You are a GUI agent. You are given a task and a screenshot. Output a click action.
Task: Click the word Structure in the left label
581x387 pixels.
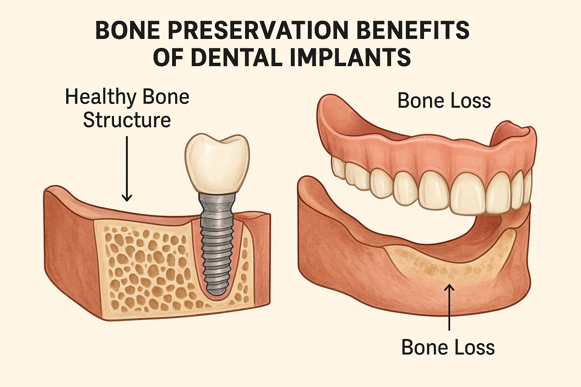(x=127, y=120)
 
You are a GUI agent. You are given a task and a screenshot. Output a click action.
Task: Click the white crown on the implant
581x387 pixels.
(x=217, y=163)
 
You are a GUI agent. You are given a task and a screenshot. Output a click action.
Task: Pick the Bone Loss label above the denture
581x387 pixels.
(x=444, y=101)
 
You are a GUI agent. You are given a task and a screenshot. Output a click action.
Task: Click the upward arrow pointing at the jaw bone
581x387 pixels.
(x=449, y=306)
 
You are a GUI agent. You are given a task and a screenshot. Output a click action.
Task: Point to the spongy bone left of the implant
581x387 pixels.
(x=144, y=265)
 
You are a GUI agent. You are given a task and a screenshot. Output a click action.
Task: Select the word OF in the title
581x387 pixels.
(x=168, y=57)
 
